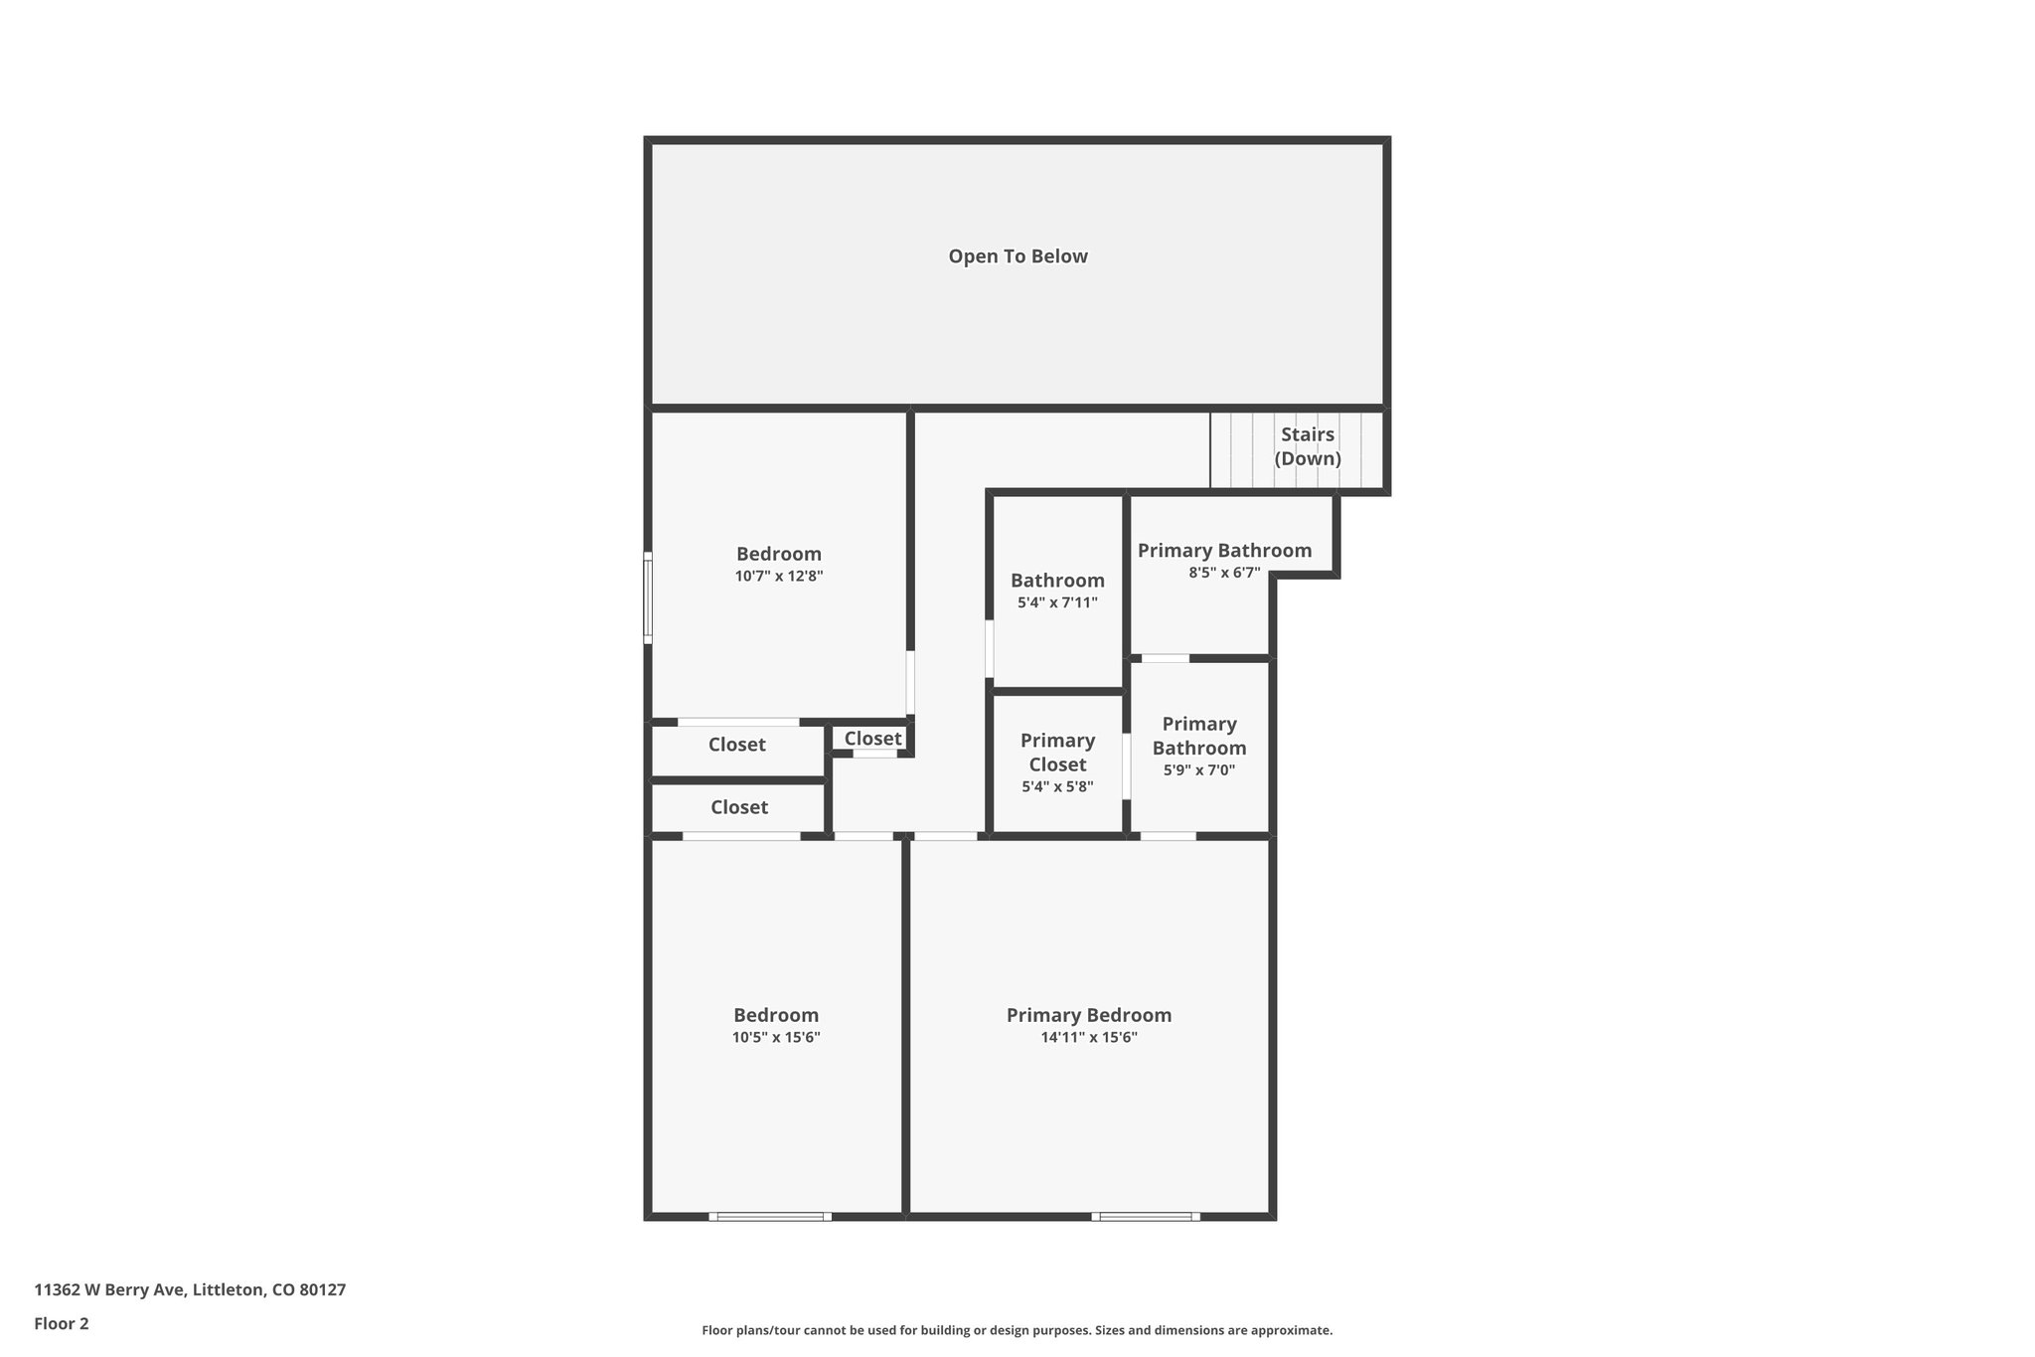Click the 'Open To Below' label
[1017, 256]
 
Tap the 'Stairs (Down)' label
[1308, 446]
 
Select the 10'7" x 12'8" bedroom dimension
[779, 576]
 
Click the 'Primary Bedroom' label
[1089, 1015]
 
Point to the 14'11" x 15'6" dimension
[1089, 1038]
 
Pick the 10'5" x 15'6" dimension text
[776, 1038]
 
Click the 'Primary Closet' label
[1057, 753]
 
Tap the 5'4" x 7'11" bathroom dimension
[1057, 602]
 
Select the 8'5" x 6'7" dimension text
[1224, 573]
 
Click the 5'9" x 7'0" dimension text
[1199, 769]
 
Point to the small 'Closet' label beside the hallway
[872, 739]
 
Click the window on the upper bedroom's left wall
[648, 597]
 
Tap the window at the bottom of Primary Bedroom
[1145, 1216]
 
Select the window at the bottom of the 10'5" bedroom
[770, 1216]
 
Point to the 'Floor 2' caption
[62, 1323]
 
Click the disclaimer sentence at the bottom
[1017, 1330]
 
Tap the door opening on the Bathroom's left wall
[990, 649]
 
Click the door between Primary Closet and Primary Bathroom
[1127, 765]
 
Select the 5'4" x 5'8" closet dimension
[1057, 786]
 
